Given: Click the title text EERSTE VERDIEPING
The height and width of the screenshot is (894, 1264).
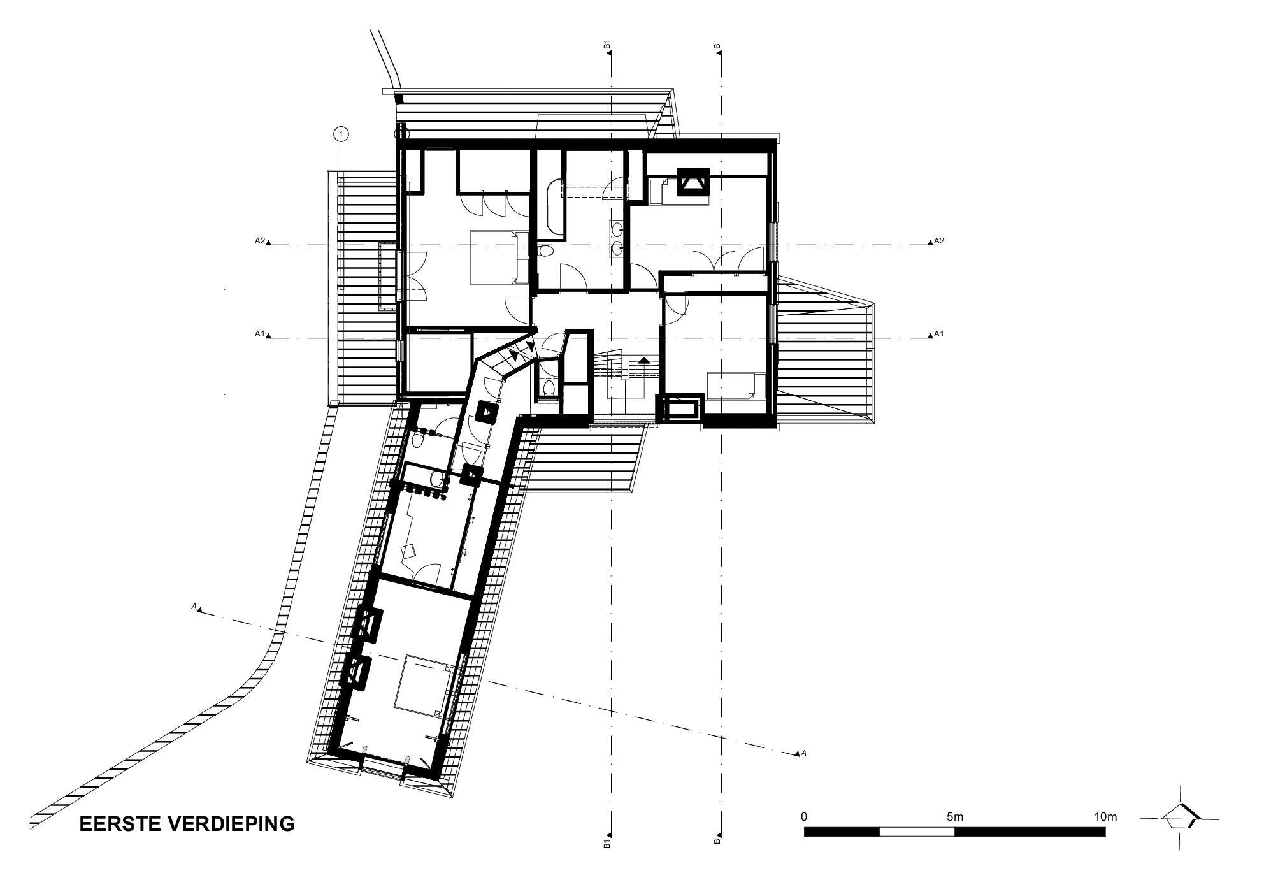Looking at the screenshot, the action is pos(187,823).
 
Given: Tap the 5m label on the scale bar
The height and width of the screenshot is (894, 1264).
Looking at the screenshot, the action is pos(954,816).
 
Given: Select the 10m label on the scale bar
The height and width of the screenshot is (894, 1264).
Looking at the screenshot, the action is pos(1105,816).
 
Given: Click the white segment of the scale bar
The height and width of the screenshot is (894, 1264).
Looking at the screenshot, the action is pos(917,832).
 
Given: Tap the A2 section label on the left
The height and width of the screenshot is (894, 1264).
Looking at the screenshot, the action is pos(259,241).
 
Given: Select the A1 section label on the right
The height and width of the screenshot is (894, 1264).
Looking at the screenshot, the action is pos(938,334).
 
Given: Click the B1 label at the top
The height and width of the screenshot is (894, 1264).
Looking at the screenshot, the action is pos(608,45).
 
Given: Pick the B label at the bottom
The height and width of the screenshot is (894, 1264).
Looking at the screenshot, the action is pos(717,842).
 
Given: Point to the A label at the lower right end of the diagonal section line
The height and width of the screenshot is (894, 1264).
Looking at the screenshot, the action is pos(804,753).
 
